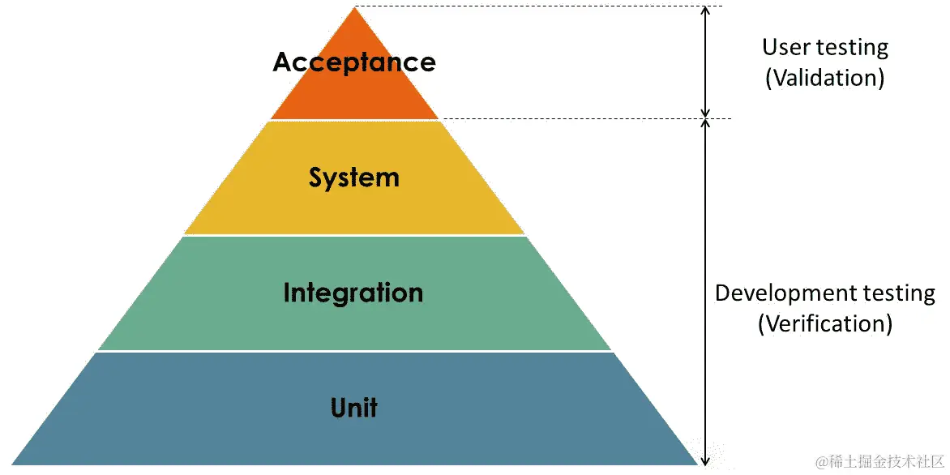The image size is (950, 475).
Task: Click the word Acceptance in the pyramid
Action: tap(354, 62)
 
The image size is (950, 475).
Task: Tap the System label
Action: tap(354, 178)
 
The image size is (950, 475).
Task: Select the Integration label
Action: tap(353, 293)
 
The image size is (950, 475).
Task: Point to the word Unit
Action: tap(354, 407)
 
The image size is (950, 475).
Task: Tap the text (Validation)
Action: tap(824, 78)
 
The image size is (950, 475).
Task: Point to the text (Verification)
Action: tap(825, 323)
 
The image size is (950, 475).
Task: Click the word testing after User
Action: tap(851, 47)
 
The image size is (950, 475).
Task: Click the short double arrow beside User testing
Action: tap(705, 62)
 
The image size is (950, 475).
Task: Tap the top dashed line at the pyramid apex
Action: tap(535, 7)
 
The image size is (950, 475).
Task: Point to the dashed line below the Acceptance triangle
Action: tap(584, 119)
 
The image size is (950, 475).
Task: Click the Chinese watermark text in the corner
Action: tap(879, 462)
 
